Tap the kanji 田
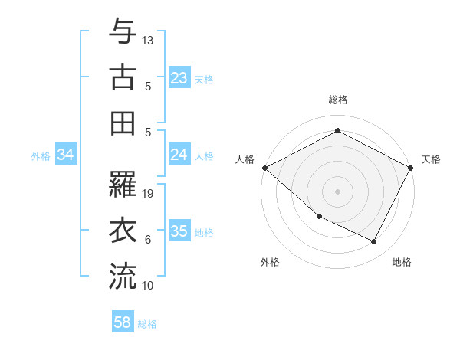123,123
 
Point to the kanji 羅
123,184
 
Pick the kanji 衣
123,230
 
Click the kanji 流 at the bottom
123,276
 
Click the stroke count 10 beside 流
148,285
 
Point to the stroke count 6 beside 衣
148,239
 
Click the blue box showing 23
179,78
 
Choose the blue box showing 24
179,155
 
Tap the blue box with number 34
66,155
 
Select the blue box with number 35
179,232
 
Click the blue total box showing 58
123,322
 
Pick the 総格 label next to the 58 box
147,324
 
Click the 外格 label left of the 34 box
41,156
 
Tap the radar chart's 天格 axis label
431,159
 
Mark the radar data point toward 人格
264,167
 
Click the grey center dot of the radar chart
337,191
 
